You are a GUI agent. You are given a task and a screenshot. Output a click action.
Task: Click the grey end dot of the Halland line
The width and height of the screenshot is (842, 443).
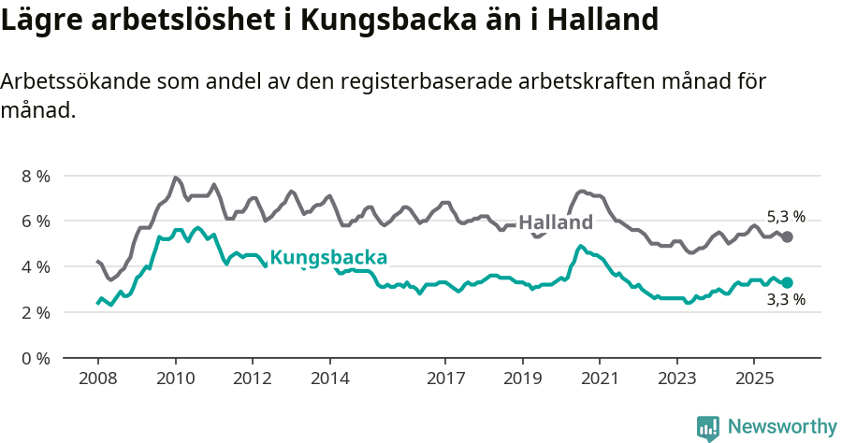tap(788, 237)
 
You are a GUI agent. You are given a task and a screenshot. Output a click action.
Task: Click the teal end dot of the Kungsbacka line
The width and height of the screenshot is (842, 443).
tap(788, 282)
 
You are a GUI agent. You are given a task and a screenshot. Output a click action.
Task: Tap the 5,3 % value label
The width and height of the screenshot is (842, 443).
tap(786, 216)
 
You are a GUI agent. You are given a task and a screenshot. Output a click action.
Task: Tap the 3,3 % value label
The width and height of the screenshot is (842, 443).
tap(786, 301)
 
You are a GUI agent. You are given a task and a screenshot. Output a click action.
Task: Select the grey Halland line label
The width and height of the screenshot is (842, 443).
tap(556, 222)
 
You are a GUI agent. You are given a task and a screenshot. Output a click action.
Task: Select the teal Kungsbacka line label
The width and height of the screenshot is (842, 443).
tap(328, 258)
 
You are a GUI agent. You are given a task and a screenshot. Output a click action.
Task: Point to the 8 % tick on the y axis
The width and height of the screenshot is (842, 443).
tap(36, 176)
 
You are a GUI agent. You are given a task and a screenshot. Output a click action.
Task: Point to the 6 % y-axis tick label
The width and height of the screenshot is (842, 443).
tap(36, 221)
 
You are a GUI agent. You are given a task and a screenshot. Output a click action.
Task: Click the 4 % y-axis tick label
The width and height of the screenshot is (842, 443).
tap(36, 266)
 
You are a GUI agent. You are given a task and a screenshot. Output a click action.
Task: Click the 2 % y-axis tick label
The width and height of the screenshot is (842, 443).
tap(36, 312)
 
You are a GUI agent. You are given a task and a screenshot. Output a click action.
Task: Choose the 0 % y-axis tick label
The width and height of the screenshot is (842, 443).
tap(36, 358)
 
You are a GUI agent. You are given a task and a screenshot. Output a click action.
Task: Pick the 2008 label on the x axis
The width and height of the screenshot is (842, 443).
tap(98, 379)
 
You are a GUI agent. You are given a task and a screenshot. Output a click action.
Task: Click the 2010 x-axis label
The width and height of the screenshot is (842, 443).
tap(175, 379)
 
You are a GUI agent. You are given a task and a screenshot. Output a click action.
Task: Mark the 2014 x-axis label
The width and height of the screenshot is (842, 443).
tap(329, 379)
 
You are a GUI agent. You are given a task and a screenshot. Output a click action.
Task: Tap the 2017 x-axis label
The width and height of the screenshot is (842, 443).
tap(445, 379)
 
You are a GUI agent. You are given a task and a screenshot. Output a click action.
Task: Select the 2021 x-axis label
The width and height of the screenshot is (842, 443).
tap(600, 379)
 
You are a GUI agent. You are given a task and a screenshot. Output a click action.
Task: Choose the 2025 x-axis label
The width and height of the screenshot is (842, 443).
tap(754, 379)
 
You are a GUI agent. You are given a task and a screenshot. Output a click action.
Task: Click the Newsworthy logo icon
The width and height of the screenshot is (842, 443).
tap(708, 428)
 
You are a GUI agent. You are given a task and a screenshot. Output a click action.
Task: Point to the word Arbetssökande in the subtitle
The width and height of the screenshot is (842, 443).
tap(71, 82)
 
